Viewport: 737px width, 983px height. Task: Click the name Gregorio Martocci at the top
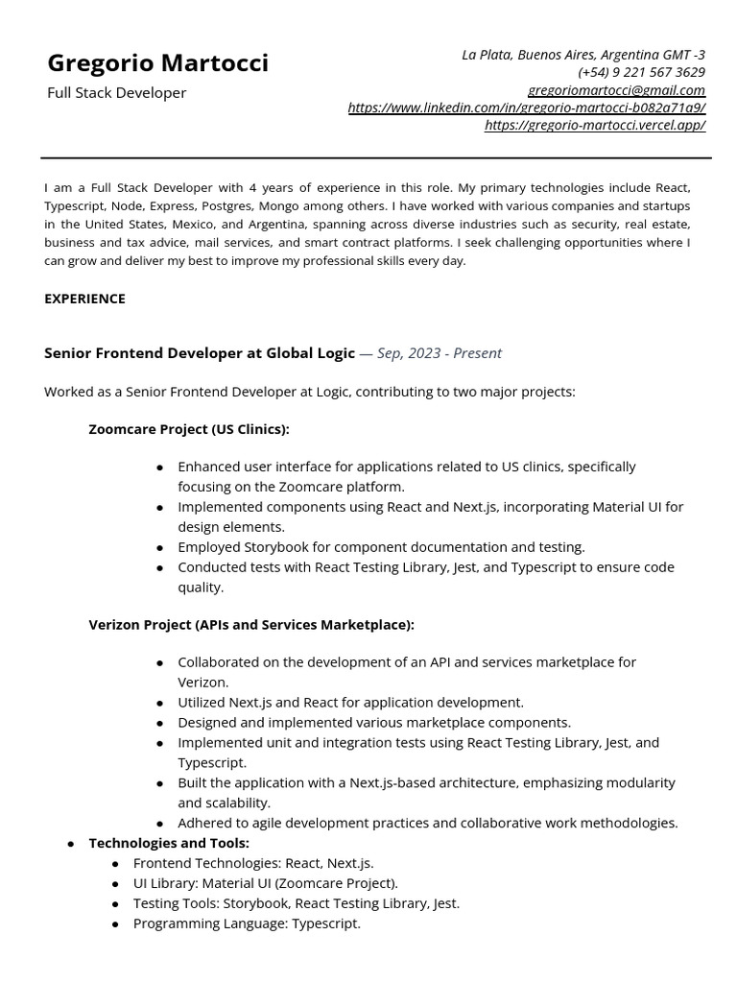(x=158, y=63)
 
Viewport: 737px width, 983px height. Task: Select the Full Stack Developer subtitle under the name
(x=117, y=93)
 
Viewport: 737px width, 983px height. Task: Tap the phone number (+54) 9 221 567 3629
(x=641, y=72)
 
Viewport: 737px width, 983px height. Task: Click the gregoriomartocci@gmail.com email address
(x=616, y=89)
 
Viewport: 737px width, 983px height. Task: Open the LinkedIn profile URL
(x=526, y=108)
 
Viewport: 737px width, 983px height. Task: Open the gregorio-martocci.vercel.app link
(x=594, y=125)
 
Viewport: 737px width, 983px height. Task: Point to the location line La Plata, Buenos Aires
(x=583, y=55)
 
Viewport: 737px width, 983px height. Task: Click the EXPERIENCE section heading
(x=84, y=299)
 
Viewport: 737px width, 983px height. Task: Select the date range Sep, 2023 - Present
(x=440, y=353)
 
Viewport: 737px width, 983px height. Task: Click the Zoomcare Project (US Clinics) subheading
(x=189, y=429)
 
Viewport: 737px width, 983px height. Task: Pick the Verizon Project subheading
(x=251, y=625)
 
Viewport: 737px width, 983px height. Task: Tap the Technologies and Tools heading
(x=169, y=843)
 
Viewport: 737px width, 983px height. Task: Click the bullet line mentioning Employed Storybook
(x=381, y=547)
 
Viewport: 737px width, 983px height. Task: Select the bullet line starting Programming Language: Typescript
(x=247, y=923)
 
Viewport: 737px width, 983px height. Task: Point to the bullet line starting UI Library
(x=265, y=883)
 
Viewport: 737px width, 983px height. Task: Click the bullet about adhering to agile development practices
(x=427, y=823)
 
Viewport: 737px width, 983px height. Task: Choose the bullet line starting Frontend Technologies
(x=253, y=863)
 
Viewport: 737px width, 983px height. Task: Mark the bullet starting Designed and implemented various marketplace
(x=373, y=722)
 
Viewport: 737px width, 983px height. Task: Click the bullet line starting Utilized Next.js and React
(x=350, y=702)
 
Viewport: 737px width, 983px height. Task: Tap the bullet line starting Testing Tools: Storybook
(x=296, y=903)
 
